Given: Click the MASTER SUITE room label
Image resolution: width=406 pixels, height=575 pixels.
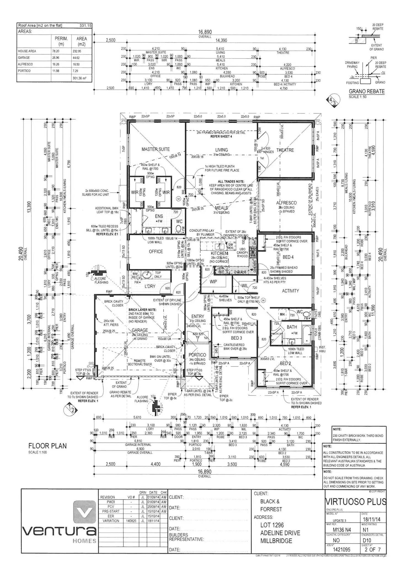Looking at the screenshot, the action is click(x=156, y=149).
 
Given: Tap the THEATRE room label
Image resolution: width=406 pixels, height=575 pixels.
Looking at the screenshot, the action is click(x=285, y=150).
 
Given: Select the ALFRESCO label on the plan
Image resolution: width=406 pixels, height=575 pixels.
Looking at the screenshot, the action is click(x=286, y=203).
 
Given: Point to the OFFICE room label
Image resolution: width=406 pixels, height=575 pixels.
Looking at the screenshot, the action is click(x=156, y=252).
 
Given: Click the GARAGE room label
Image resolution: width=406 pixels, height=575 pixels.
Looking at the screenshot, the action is click(x=140, y=330).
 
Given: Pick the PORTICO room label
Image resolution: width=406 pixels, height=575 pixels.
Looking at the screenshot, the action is click(x=197, y=355).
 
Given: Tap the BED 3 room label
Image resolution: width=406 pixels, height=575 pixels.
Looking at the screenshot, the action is click(x=236, y=338).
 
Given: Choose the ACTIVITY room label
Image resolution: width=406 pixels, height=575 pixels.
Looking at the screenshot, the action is click(x=290, y=291).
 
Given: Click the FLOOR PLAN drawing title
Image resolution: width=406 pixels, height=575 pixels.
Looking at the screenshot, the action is click(x=47, y=446).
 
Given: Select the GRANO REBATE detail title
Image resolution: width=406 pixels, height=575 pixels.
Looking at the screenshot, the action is click(x=367, y=91).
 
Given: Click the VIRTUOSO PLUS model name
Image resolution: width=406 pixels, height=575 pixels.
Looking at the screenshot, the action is click(x=356, y=502).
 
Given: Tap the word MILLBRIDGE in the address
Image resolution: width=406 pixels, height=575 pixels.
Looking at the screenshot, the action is click(x=276, y=541).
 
